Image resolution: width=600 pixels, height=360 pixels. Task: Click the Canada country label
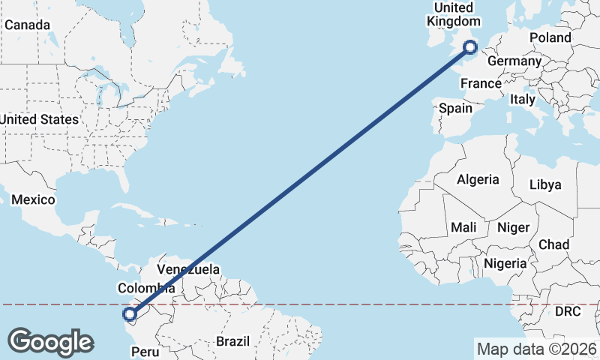27,25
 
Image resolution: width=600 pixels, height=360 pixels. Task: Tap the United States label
39,119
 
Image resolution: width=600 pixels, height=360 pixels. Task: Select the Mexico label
33,199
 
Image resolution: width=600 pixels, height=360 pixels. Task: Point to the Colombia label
145,287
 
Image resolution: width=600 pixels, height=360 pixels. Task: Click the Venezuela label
188,269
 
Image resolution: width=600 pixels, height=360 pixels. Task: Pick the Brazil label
232,341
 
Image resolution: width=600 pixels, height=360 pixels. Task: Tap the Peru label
146,351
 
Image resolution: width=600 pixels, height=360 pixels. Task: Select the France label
481,84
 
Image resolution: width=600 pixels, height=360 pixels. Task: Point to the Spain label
456,108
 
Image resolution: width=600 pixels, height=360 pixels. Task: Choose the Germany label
514,61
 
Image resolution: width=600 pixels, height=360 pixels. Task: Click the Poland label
550,37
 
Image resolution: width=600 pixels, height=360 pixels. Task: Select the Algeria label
478,179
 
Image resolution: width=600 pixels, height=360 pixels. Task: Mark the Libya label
545,184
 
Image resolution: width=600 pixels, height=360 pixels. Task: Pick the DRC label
568,311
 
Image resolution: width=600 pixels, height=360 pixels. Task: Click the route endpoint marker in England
471,48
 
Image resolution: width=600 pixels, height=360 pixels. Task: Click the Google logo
50,341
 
